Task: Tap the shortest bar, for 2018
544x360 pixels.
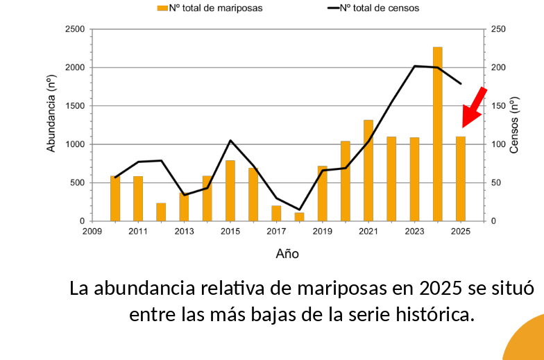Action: (299, 216)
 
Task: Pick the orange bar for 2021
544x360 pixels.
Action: (368, 171)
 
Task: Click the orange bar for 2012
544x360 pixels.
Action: (161, 212)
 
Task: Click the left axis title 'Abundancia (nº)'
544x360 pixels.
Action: (51, 114)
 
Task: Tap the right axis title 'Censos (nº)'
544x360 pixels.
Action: (514, 126)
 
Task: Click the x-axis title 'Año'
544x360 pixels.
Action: (287, 254)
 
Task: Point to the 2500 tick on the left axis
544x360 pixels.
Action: (74, 29)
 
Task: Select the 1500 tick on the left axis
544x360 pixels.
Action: (74, 106)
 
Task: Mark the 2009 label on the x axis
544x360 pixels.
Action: (92, 232)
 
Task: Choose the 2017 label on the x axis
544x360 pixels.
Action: (276, 232)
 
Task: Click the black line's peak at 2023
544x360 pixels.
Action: (414, 66)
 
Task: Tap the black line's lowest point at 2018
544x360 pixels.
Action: (299, 209)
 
